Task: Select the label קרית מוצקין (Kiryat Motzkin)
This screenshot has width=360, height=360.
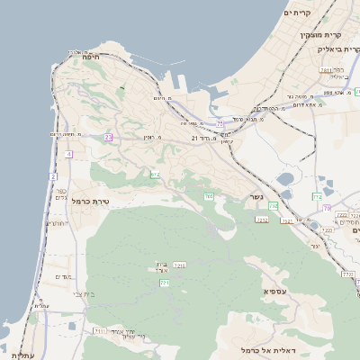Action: coord(319,34)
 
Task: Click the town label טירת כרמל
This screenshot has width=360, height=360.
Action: coord(89,202)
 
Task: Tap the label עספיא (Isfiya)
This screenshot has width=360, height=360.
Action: coord(274,292)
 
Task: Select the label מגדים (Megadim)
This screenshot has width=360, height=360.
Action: coord(63,276)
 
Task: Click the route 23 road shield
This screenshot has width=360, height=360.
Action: coord(108,137)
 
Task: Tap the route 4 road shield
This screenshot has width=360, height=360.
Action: coord(67,154)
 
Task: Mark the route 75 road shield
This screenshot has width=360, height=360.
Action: coord(220,125)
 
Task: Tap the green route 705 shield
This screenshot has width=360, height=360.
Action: coord(209,195)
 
